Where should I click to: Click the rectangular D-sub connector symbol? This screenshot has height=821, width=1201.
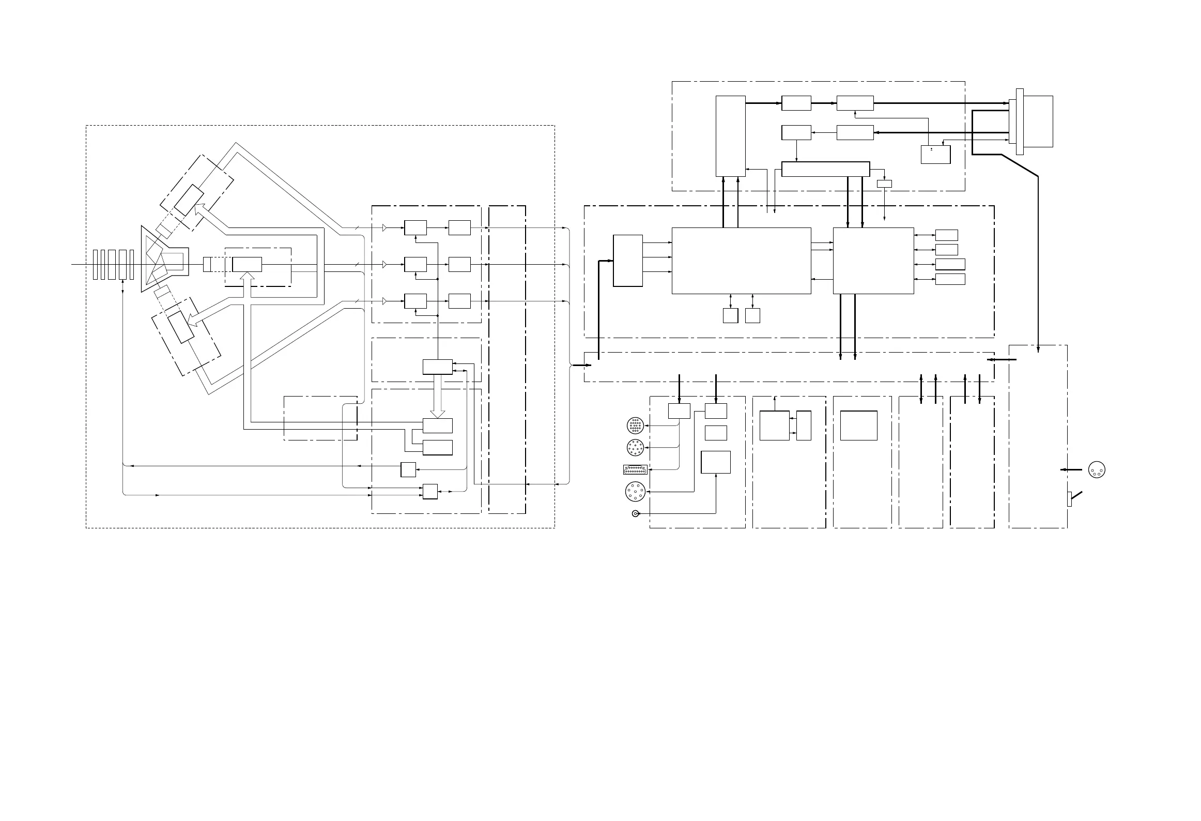pyautogui.click(x=635, y=470)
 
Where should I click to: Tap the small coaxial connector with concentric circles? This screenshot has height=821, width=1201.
pyautogui.click(x=635, y=513)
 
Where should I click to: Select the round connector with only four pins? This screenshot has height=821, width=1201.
pyautogui.click(x=1097, y=469)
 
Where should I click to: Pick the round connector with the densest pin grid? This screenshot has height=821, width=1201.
pyautogui.click(x=635, y=426)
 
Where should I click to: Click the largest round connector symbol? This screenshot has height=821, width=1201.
pyautogui.click(x=635, y=491)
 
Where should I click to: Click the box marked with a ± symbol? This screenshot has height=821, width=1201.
pyautogui.click(x=935, y=154)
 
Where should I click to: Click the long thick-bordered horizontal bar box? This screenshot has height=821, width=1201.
pyautogui.click(x=825, y=169)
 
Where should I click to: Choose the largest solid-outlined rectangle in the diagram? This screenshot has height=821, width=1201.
pyautogui.click(x=741, y=261)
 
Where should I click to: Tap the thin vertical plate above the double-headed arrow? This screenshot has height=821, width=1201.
pyautogui.click(x=122, y=264)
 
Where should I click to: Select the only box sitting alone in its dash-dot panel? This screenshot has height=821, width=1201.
pyautogui.click(x=858, y=425)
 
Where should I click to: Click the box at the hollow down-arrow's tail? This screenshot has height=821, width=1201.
pyautogui.click(x=438, y=367)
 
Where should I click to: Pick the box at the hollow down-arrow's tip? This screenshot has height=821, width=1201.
pyautogui.click(x=438, y=425)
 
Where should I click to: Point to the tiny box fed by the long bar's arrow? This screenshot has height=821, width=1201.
pyautogui.click(x=884, y=184)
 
